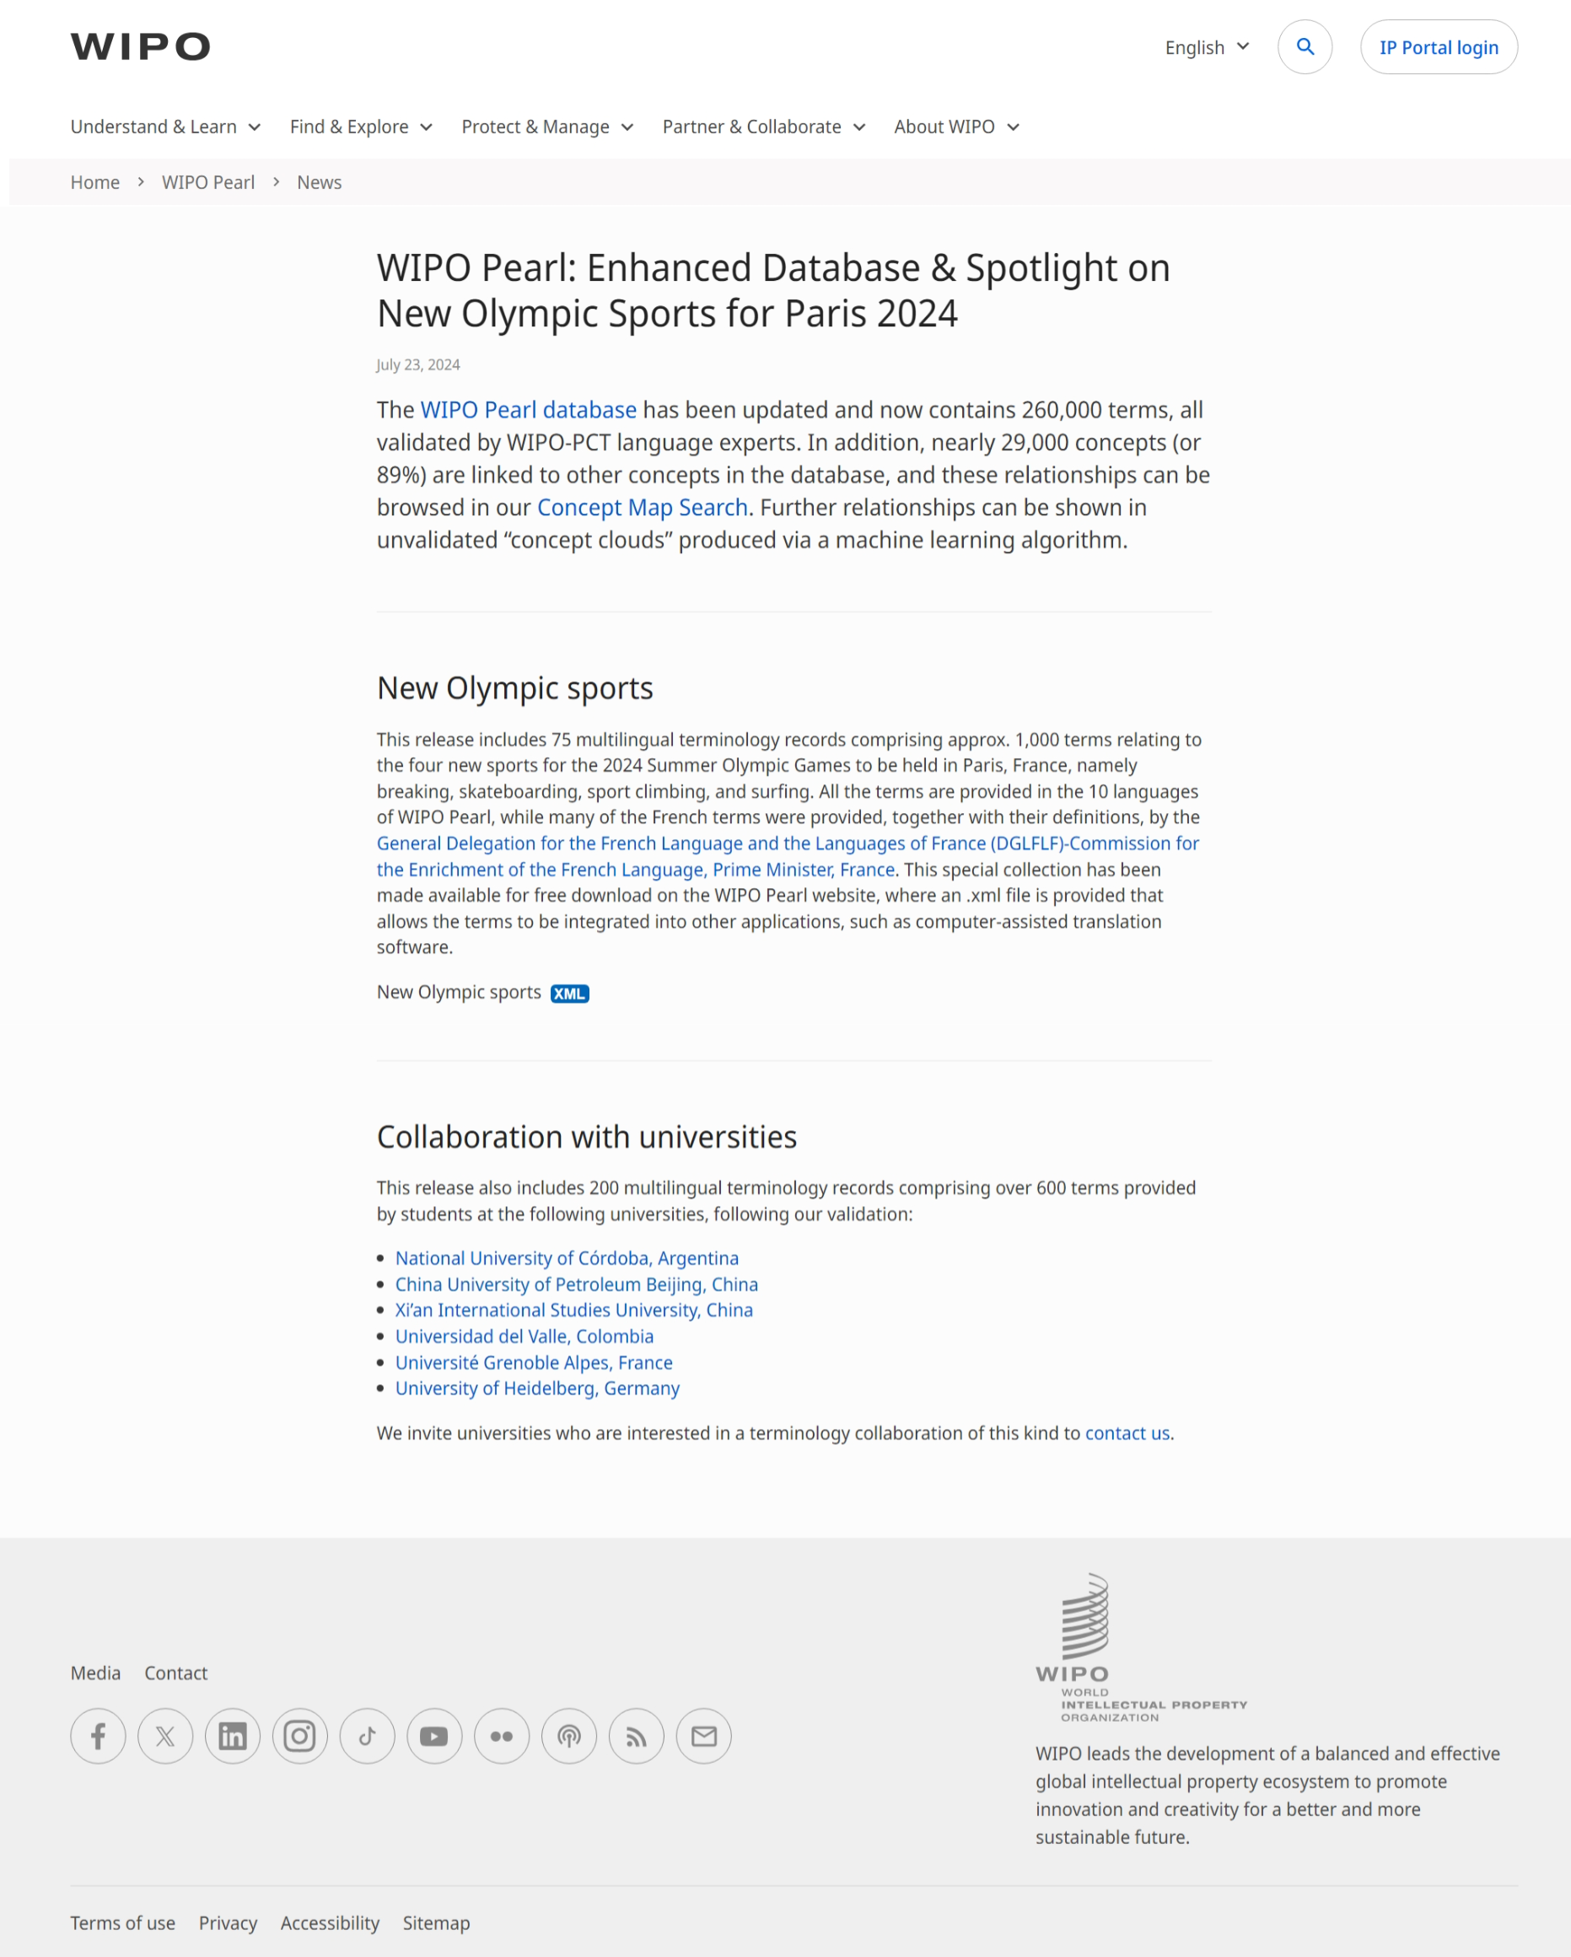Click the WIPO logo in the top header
click(x=140, y=47)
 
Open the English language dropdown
click(x=1206, y=47)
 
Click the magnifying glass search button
click(x=1305, y=47)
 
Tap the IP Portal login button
click(x=1438, y=47)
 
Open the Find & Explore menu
click(x=360, y=127)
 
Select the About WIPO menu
click(x=955, y=127)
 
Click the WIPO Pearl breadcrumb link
click(x=207, y=182)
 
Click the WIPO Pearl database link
click(x=527, y=410)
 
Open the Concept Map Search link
click(x=642, y=508)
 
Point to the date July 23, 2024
click(x=417, y=365)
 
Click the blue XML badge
click(x=569, y=994)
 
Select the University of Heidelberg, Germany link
click(x=536, y=1388)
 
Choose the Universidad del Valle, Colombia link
click(x=524, y=1337)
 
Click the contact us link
click(x=1127, y=1433)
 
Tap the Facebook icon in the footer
click(x=98, y=1737)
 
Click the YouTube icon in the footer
click(x=433, y=1737)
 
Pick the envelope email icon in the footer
click(x=703, y=1737)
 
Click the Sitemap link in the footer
click(x=436, y=1923)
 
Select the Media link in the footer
click(x=95, y=1673)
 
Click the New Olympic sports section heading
click(x=514, y=689)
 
